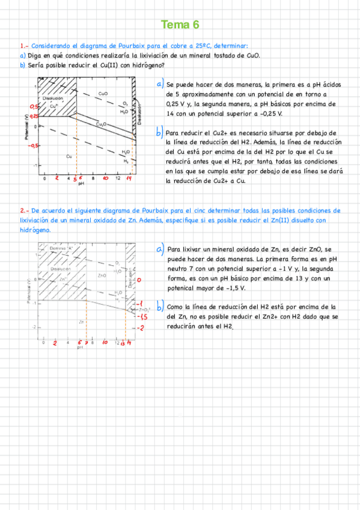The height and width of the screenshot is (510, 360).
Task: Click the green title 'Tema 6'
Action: [180, 25]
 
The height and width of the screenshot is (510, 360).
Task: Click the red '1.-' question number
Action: [23, 46]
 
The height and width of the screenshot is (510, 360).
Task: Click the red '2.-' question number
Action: [23, 211]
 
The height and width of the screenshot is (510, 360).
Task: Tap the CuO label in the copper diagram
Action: [103, 94]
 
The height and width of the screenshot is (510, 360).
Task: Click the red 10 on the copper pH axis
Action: [105, 179]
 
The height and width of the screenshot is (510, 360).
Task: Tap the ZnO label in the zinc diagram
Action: [102, 275]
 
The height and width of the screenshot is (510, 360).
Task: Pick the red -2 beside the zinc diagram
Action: [140, 328]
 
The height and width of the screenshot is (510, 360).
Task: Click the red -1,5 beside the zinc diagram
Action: [143, 316]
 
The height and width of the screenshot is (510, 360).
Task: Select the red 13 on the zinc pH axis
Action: [123, 343]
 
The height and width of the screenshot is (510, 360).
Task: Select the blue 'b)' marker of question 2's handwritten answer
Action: [159, 306]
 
